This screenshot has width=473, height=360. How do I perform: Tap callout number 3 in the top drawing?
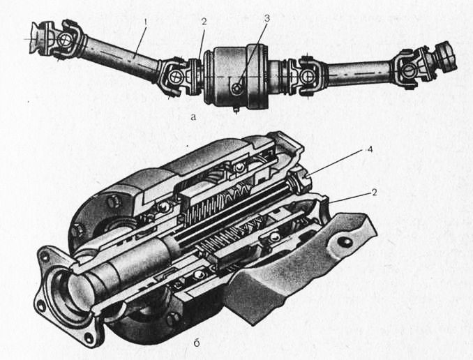(267, 18)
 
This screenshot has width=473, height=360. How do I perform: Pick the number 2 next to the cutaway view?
(374, 193)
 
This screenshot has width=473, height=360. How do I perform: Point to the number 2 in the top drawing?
(204, 22)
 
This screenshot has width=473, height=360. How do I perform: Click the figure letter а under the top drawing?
(193, 117)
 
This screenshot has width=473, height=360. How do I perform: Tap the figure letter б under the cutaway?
(196, 343)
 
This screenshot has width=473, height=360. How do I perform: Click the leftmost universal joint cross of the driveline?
(65, 38)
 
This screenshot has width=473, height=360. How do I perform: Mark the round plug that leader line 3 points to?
(237, 88)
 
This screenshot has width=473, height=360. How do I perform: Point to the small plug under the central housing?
(236, 110)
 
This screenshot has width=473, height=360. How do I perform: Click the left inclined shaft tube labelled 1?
(120, 54)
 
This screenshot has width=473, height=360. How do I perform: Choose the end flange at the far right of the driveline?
(446, 57)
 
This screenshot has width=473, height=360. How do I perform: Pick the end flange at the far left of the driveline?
(38, 38)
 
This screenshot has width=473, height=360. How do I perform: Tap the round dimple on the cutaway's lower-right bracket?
(345, 242)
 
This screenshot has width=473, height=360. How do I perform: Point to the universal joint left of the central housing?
(176, 75)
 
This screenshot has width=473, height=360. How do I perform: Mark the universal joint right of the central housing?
(308, 75)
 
